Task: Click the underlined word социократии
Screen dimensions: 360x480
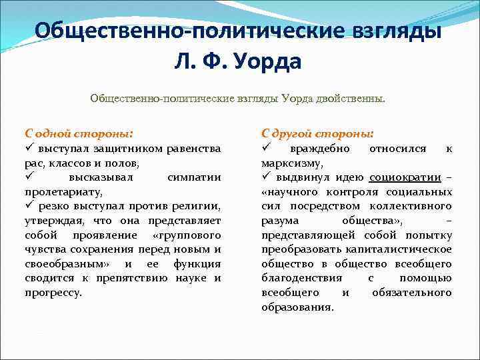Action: [406, 177]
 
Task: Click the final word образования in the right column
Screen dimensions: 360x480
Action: [297, 307]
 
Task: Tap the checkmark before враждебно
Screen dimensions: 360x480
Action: [265, 147]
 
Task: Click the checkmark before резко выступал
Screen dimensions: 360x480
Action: [29, 206]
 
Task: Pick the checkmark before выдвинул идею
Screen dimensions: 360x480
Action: [265, 177]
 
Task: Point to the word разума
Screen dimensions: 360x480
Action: [280, 220]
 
